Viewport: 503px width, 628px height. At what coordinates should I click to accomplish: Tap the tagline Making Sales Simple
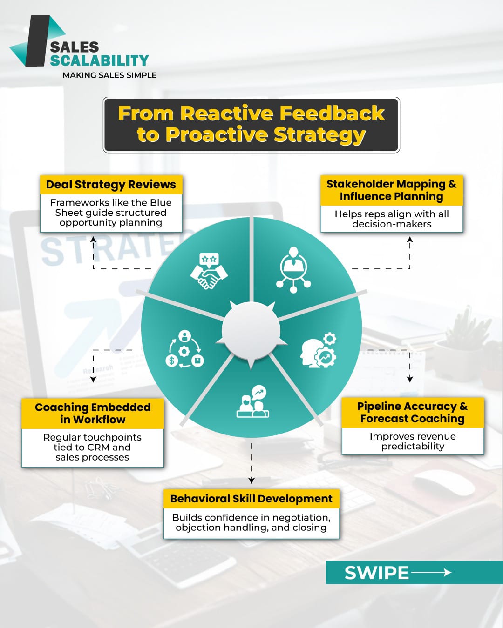click(x=109, y=75)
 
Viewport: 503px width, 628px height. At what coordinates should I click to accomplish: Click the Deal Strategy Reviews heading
click(x=111, y=185)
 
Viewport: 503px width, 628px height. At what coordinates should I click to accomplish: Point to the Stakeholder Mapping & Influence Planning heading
click(x=391, y=190)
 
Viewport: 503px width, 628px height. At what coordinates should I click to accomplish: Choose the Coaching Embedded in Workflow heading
click(x=93, y=413)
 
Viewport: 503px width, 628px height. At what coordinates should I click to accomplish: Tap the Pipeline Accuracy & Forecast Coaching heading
click(x=413, y=413)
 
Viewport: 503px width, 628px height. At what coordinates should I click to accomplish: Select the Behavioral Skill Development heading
click(x=251, y=499)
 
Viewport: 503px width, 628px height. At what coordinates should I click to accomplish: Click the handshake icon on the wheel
click(x=209, y=271)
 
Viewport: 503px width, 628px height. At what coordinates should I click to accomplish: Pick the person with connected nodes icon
click(x=293, y=270)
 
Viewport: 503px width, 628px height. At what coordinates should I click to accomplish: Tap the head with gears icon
click(x=319, y=350)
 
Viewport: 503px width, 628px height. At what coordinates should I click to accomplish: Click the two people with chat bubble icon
click(x=253, y=401)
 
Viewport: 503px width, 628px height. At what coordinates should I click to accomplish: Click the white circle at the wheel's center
click(x=251, y=331)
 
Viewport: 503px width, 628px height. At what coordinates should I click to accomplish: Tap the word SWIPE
click(x=376, y=573)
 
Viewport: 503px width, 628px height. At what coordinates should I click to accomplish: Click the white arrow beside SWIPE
click(x=431, y=572)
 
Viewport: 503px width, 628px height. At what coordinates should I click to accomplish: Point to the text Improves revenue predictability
click(x=413, y=441)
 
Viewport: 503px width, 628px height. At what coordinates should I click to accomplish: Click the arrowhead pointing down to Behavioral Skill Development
click(x=251, y=480)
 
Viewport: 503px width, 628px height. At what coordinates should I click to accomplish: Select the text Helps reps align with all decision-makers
click(x=392, y=219)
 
